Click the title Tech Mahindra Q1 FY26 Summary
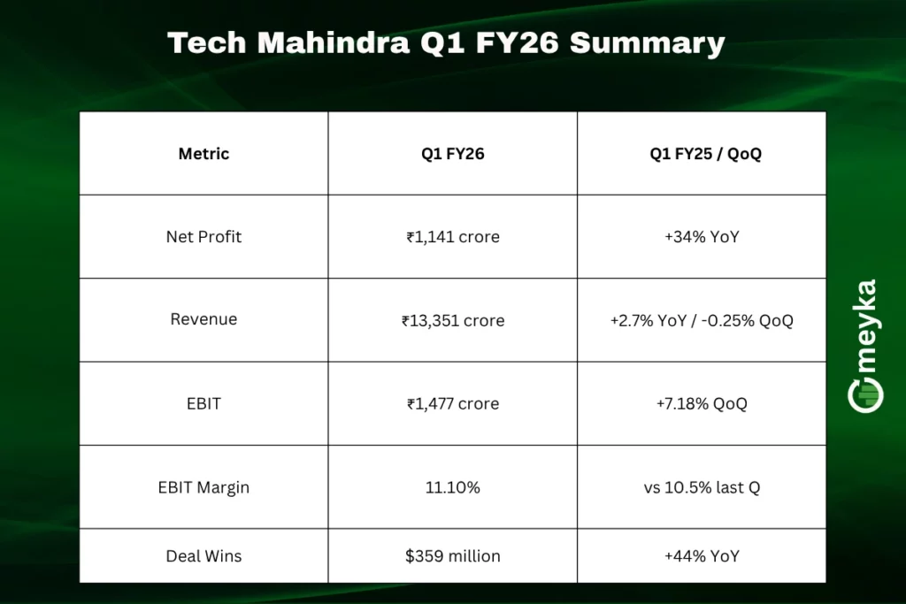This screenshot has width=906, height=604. tap(446, 42)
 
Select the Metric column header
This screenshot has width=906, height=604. tap(203, 154)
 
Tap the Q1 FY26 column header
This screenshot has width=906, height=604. tap(452, 154)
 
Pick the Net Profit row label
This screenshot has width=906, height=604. tap(203, 237)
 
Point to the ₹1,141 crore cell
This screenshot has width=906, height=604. tap(452, 237)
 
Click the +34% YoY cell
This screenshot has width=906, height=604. tap(701, 237)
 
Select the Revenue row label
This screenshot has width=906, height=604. tap(203, 319)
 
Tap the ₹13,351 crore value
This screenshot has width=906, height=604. tap(452, 320)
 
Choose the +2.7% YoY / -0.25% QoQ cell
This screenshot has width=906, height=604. tap(701, 320)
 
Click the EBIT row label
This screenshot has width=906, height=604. tap(203, 403)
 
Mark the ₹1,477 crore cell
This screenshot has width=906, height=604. tap(452, 403)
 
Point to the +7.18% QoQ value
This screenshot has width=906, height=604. tap(701, 403)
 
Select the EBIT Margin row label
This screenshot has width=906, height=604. tap(203, 487)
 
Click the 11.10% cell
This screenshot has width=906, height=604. tap(452, 487)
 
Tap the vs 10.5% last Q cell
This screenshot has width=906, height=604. tap(701, 487)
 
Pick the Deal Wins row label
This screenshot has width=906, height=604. tap(203, 556)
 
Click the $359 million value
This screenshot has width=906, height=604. tap(452, 556)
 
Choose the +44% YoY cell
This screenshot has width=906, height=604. tap(701, 556)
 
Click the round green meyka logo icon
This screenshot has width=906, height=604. tap(865, 395)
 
